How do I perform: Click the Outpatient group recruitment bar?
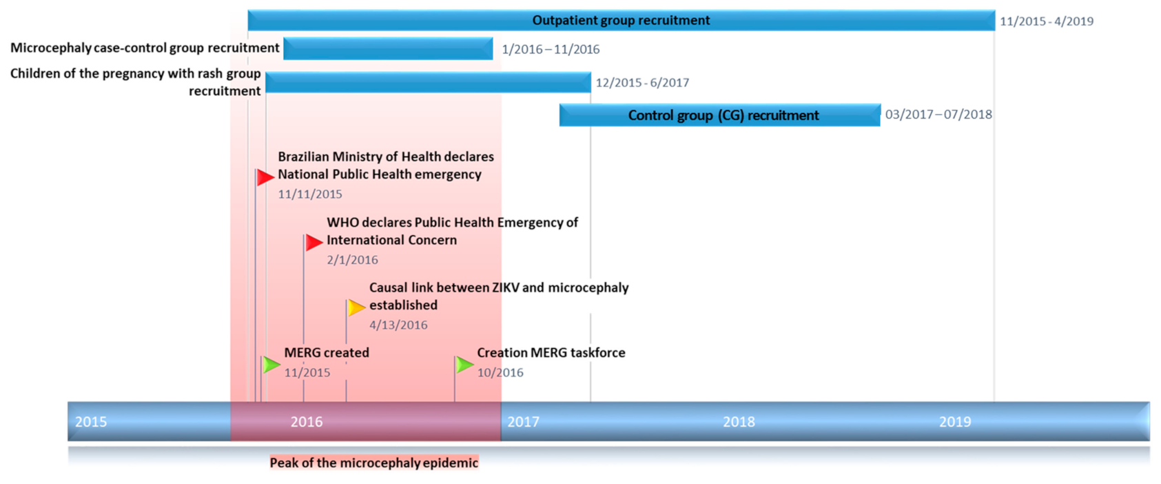(x=620, y=21)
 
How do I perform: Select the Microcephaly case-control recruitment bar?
(x=388, y=49)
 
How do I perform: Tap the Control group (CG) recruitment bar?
(x=720, y=115)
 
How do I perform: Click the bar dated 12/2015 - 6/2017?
(x=428, y=83)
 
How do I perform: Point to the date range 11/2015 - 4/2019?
(x=1046, y=21)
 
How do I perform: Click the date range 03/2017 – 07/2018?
(x=938, y=114)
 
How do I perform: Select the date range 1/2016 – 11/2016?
(x=551, y=50)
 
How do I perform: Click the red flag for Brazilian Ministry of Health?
(x=265, y=178)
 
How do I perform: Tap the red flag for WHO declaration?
(x=314, y=243)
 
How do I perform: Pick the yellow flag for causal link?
(x=356, y=307)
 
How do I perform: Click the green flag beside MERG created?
(x=271, y=364)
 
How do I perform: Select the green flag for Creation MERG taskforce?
(x=465, y=364)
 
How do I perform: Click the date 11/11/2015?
(x=310, y=194)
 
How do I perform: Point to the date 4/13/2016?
(x=398, y=325)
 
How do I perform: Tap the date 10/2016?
(x=500, y=373)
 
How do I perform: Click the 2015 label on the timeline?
(x=91, y=422)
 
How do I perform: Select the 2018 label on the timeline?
(x=739, y=422)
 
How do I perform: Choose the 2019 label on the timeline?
(x=955, y=422)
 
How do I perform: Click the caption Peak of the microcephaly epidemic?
(x=373, y=463)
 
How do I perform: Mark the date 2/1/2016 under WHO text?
(x=352, y=260)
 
